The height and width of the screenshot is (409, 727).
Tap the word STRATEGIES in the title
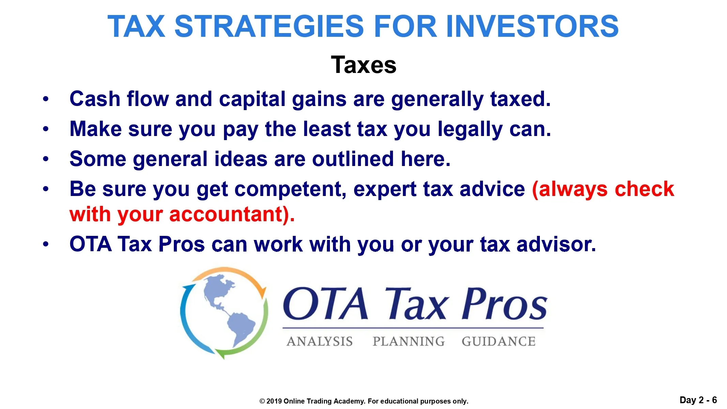tap(270, 26)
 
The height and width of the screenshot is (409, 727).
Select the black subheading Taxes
tap(364, 65)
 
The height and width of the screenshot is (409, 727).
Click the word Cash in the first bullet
tap(95, 99)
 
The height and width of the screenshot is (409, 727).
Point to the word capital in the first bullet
tap(252, 100)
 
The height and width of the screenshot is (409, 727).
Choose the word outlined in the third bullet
tap(353, 159)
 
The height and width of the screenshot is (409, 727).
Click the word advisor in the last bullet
tap(556, 244)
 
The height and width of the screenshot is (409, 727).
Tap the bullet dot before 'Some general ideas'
tap(46, 159)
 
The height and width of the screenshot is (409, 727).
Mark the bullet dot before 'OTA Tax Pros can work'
tap(46, 244)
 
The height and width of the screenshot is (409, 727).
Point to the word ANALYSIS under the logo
tap(320, 342)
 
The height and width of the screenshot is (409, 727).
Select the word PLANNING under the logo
tap(409, 342)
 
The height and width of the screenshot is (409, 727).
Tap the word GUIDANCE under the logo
tap(499, 342)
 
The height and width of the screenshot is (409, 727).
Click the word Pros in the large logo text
tap(504, 303)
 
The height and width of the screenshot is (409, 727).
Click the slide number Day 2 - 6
tap(698, 400)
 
